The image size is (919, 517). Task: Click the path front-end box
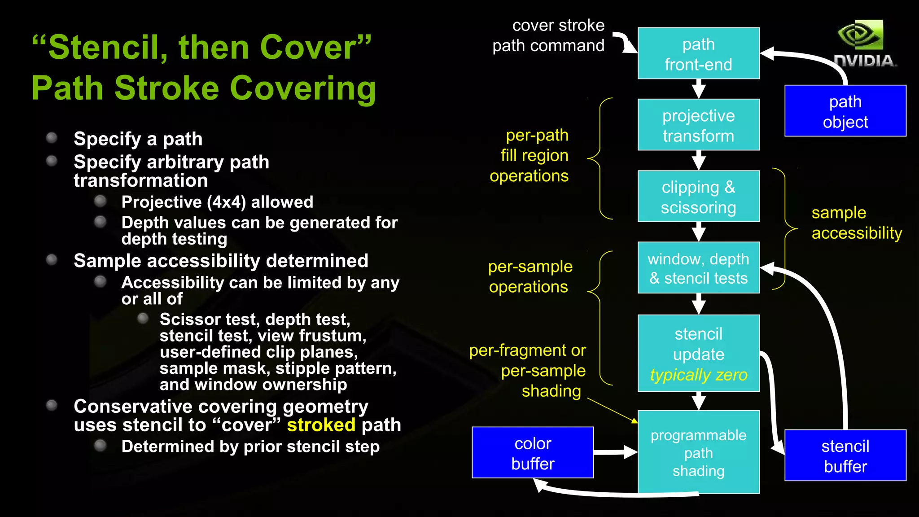[698, 53]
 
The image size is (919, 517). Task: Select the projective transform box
[698, 125]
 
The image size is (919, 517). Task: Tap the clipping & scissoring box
[698, 197]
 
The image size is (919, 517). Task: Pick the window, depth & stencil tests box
[698, 268]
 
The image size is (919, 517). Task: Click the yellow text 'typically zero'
[698, 375]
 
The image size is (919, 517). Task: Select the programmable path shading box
[698, 452]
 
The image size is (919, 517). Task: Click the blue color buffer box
[533, 453]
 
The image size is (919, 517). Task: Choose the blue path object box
[845, 111]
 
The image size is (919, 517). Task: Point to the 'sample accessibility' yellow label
[856, 223]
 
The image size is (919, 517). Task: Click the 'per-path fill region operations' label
[530, 155]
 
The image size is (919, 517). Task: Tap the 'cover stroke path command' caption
[548, 35]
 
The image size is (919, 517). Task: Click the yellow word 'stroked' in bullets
[321, 425]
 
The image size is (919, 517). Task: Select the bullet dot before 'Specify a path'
[52, 137]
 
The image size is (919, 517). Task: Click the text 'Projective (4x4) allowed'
[217, 202]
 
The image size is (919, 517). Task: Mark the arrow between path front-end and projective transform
[698, 89]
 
